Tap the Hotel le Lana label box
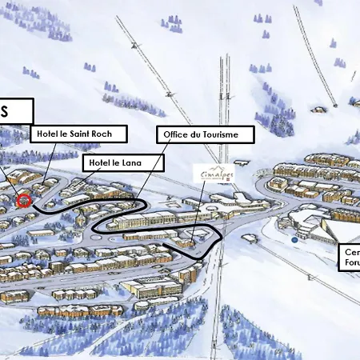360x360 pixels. [123, 163]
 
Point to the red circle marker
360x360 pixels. [23, 200]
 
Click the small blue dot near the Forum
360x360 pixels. [295, 238]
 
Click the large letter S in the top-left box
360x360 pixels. [6, 110]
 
